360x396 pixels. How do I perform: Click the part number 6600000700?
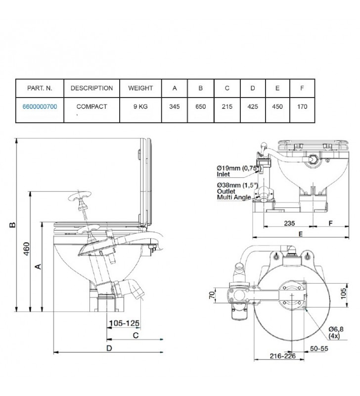pos(40,106)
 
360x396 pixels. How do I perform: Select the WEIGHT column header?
pos(140,88)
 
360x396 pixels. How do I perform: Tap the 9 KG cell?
pos(140,106)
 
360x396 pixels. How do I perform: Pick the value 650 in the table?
pos(201,106)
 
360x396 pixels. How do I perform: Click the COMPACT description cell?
pos(92,106)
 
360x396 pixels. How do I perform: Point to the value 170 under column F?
pos(302,106)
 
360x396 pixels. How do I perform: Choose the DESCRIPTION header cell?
pos(92,88)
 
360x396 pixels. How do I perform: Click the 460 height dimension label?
pos(27,249)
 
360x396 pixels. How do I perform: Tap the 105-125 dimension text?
pos(124,323)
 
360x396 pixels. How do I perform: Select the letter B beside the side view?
pos(12,225)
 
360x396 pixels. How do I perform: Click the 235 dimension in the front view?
pos(289,223)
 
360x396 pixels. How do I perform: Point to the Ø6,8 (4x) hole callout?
pos(336,332)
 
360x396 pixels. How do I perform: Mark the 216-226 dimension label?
pos(282,356)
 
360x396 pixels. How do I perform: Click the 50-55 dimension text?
pos(319,348)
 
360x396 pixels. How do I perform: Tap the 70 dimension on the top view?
pos(212,295)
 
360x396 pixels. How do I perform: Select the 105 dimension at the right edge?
pos(343,294)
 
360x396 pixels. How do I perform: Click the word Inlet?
pos(223,174)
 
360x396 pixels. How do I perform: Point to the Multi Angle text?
pos(234,197)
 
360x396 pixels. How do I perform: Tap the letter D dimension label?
pos(109,348)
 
